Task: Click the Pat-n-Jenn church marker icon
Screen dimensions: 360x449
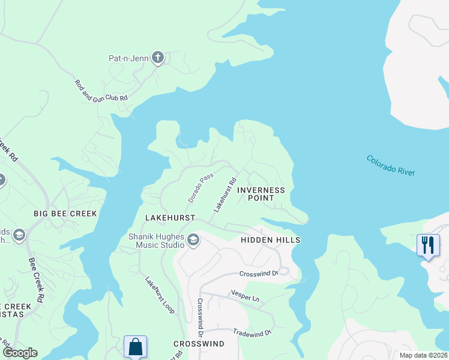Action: point(158,58)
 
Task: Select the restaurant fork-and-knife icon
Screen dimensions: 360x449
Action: point(428,245)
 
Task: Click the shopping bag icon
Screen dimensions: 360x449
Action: point(135,346)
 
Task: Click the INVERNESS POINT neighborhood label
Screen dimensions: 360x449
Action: point(261,194)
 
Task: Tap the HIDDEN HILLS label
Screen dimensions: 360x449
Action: point(270,240)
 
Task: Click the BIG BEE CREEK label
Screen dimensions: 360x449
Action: point(65,213)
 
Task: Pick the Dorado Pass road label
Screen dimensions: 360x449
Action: point(200,188)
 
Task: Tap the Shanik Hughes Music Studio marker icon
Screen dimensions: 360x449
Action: point(193,241)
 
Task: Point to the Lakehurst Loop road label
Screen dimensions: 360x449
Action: point(160,295)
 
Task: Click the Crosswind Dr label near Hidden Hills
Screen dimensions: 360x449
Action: point(259,274)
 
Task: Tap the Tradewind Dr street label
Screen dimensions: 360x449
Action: point(253,331)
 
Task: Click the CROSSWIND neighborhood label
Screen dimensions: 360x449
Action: point(199,344)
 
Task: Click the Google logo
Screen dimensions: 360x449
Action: point(20,353)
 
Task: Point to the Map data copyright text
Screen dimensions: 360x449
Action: point(423,355)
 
